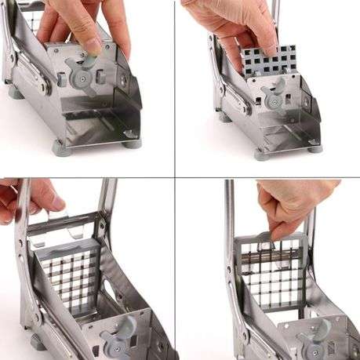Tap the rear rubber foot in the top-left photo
pyautogui.click(x=15, y=92)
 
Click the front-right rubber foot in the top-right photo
pyautogui.click(x=315, y=146)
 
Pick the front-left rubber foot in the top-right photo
pyautogui.click(x=262, y=153)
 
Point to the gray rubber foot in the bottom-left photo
pyautogui.click(x=37, y=342)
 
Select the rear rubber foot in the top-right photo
pyautogui.click(x=224, y=117)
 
